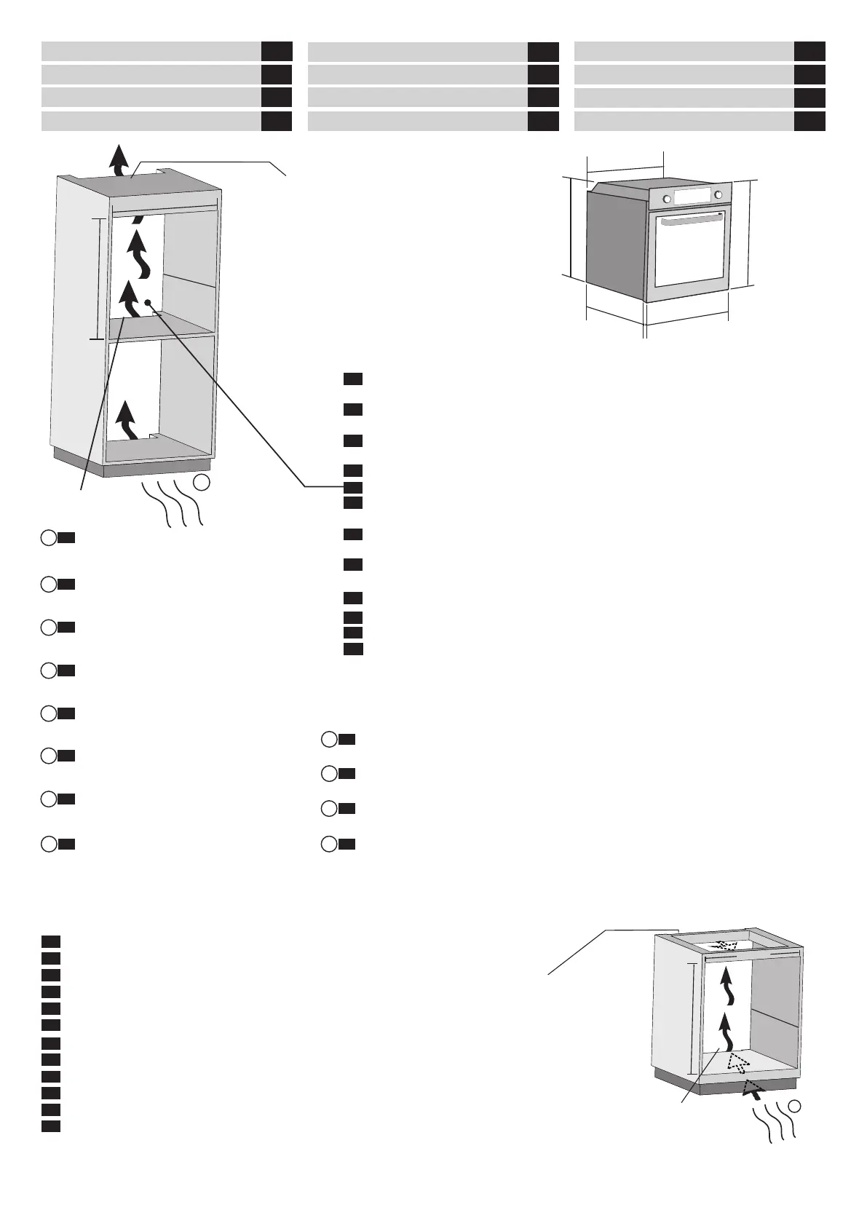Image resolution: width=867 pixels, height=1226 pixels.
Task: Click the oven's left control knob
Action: click(666, 199)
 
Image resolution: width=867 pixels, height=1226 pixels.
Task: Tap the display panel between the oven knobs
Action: click(692, 196)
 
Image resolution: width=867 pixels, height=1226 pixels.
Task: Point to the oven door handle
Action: click(694, 221)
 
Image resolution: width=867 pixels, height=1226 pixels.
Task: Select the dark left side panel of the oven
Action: click(615, 244)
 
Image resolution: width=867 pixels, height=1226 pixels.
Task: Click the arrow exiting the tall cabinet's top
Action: click(118, 159)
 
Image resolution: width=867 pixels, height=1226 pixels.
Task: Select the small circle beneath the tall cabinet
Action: click(203, 482)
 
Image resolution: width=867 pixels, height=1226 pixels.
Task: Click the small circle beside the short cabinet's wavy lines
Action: click(795, 1126)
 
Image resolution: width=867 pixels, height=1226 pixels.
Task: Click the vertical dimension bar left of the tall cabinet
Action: click(98, 278)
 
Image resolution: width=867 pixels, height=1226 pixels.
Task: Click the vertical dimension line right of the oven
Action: click(751, 233)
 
